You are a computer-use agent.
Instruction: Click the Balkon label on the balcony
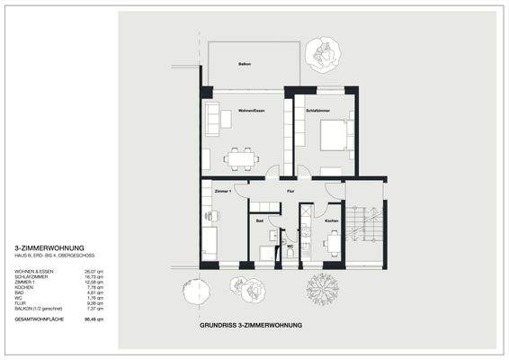click(x=244, y=66)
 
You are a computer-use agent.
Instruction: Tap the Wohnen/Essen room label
click(x=251, y=111)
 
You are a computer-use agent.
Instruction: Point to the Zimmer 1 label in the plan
click(x=223, y=192)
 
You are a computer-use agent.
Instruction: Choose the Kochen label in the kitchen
click(x=332, y=220)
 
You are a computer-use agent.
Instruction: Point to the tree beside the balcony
click(x=323, y=50)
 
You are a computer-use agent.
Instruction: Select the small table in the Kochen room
click(x=334, y=243)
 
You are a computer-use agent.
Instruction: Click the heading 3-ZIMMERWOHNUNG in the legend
click(x=49, y=247)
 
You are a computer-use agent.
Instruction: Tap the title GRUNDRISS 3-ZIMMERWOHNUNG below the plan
click(x=251, y=324)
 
